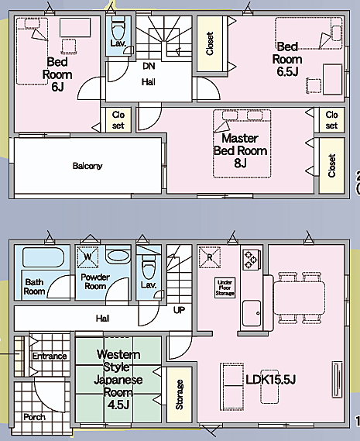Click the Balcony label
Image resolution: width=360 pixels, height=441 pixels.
point(87,166)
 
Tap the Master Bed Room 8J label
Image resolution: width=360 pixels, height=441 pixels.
point(240,150)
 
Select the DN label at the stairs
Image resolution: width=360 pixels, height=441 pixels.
point(149,66)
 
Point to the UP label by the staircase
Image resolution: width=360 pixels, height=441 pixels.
point(179,310)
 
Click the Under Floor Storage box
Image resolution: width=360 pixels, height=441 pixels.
point(225,288)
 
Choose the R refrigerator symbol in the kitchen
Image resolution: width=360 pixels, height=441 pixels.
point(210,257)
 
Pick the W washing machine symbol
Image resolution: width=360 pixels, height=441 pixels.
point(87,257)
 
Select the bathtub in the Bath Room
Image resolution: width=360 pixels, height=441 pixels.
point(43,257)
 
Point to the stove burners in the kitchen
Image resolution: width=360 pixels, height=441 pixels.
point(251,260)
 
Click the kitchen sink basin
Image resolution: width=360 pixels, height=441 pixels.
point(252,313)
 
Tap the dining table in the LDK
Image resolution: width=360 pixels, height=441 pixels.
point(300,298)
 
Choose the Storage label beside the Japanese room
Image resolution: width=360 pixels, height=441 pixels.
point(180,394)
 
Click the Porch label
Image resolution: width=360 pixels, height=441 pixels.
point(34,417)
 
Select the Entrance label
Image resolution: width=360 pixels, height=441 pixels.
point(50,356)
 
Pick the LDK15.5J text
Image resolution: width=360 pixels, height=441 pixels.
point(271,380)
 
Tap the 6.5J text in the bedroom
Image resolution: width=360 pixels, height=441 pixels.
point(287,72)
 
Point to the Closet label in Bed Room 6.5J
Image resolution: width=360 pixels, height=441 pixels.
point(210,43)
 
